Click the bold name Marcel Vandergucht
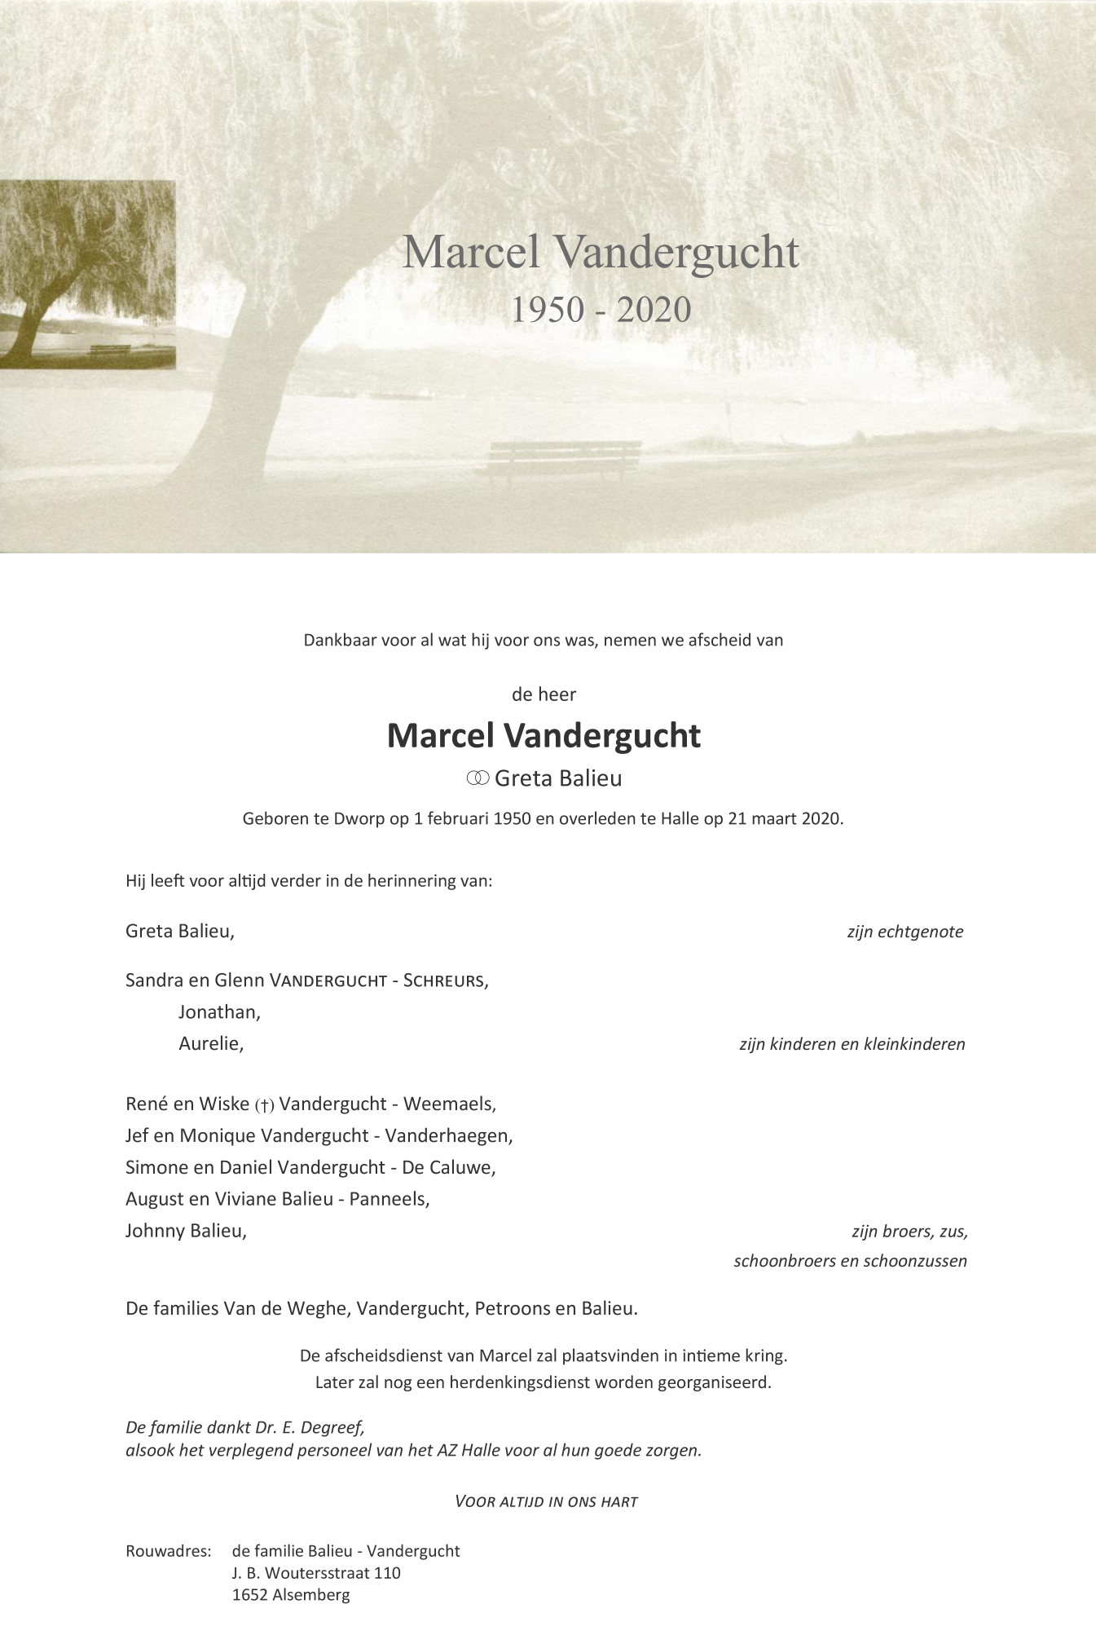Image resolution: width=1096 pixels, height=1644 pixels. coord(544,736)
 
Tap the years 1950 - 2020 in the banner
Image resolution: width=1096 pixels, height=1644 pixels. coord(601,310)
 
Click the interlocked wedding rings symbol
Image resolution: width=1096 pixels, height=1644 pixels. coord(478,778)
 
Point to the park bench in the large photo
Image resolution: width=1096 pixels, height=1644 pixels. coord(564,461)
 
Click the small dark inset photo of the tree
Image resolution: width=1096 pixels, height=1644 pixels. coord(86,274)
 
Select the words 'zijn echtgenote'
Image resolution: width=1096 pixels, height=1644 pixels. coord(905,932)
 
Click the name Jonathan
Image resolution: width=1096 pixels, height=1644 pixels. coord(218,1012)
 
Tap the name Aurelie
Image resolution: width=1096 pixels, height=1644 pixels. coord(210,1043)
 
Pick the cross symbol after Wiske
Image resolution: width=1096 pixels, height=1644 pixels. coord(265,1105)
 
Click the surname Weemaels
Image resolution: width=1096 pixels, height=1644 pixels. coord(448,1104)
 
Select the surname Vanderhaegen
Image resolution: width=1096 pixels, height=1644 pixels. coord(447,1135)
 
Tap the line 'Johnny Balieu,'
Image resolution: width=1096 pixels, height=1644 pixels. coord(186,1231)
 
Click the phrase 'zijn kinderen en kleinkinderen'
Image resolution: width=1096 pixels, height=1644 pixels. coord(852,1044)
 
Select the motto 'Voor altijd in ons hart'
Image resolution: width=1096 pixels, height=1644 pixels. coord(546,1501)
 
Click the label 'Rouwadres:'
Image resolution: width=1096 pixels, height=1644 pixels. coord(168,1551)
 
